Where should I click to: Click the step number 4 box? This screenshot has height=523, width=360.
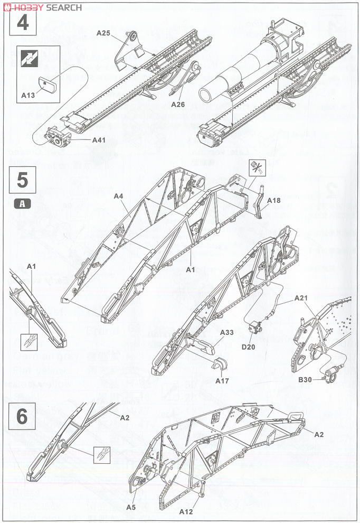(x=23, y=24)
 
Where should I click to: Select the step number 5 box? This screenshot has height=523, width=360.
(x=23, y=181)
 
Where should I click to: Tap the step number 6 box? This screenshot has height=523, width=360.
(x=23, y=417)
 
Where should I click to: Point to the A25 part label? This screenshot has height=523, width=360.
(x=103, y=33)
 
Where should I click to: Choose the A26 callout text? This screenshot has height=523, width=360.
(x=178, y=104)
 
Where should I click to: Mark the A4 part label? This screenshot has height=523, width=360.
(x=118, y=197)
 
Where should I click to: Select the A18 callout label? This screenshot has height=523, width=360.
(x=274, y=201)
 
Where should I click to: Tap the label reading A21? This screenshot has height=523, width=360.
(x=300, y=298)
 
